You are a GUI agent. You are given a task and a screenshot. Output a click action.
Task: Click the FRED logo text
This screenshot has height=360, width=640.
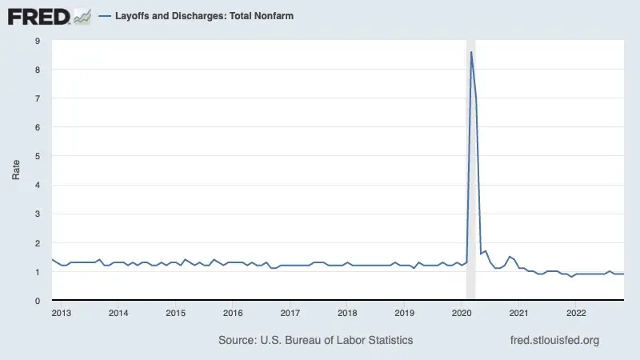(x=38, y=16)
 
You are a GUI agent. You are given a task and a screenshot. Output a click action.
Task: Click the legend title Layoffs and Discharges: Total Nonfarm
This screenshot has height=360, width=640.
(x=203, y=16)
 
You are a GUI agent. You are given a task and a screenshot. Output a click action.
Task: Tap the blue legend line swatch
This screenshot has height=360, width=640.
(x=104, y=16)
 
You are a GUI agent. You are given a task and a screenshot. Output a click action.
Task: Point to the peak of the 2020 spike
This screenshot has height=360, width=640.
(x=471, y=52)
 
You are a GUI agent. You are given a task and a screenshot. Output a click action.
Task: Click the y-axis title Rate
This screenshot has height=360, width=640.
(x=16, y=170)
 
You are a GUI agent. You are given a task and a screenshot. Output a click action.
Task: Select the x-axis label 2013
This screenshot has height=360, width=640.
(x=62, y=312)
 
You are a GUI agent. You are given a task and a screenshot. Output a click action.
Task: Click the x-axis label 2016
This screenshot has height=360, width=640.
(x=233, y=312)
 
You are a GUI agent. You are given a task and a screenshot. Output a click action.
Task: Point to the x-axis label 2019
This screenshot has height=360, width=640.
(x=405, y=312)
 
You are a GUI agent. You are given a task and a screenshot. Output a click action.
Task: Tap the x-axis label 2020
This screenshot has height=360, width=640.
(x=462, y=312)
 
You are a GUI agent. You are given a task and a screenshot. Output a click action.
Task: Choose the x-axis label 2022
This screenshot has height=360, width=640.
(x=576, y=312)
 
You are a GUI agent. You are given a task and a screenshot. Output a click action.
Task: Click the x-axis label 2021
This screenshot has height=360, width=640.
(x=519, y=312)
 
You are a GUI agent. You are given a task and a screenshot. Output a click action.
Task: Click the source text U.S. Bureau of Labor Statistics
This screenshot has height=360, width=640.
(x=316, y=340)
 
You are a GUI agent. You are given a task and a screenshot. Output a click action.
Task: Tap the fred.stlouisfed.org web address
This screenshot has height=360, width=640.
(x=554, y=340)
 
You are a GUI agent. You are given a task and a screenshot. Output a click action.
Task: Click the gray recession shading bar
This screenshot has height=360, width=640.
(x=470, y=176)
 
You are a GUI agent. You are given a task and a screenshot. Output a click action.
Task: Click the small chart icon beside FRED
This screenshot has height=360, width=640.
(x=82, y=15)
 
